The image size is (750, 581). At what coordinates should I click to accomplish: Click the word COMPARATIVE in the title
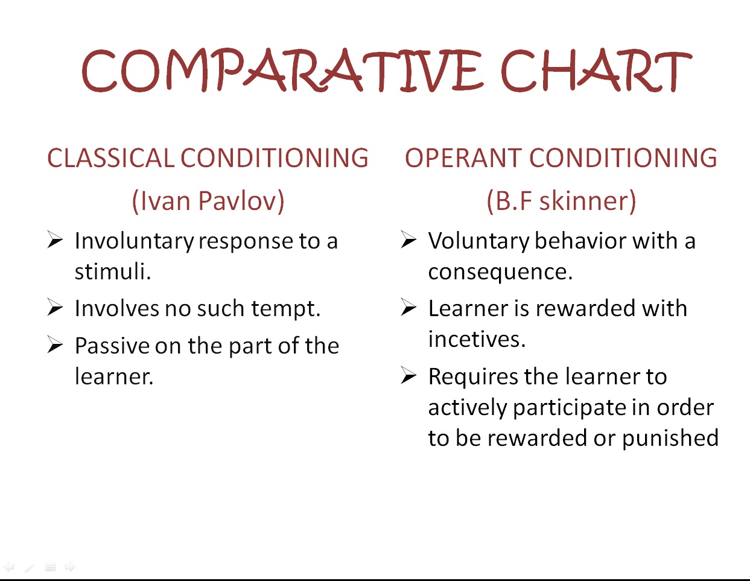[282, 71]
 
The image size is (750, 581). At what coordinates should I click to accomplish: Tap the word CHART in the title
[596, 71]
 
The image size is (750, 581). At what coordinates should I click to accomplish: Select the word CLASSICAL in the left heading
[111, 158]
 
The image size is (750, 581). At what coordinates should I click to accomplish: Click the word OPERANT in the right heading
[463, 158]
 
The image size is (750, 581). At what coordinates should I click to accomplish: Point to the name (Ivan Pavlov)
[208, 201]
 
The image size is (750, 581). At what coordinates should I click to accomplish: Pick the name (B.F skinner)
[561, 201]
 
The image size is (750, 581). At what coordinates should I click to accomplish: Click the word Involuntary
[135, 241]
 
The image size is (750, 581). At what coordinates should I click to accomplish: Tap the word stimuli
[113, 271]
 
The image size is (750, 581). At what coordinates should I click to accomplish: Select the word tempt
[286, 308]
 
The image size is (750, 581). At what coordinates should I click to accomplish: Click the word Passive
[112, 346]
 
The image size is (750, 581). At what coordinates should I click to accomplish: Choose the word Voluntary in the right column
[478, 241]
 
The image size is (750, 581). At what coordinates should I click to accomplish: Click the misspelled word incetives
[477, 339]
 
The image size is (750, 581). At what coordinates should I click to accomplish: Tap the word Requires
[473, 377]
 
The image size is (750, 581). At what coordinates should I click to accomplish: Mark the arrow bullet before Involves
[56, 308]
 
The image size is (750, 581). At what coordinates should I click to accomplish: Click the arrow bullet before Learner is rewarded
[408, 308]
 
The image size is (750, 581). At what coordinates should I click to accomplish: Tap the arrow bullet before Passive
[56, 345]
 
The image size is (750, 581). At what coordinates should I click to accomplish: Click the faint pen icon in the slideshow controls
[30, 568]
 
